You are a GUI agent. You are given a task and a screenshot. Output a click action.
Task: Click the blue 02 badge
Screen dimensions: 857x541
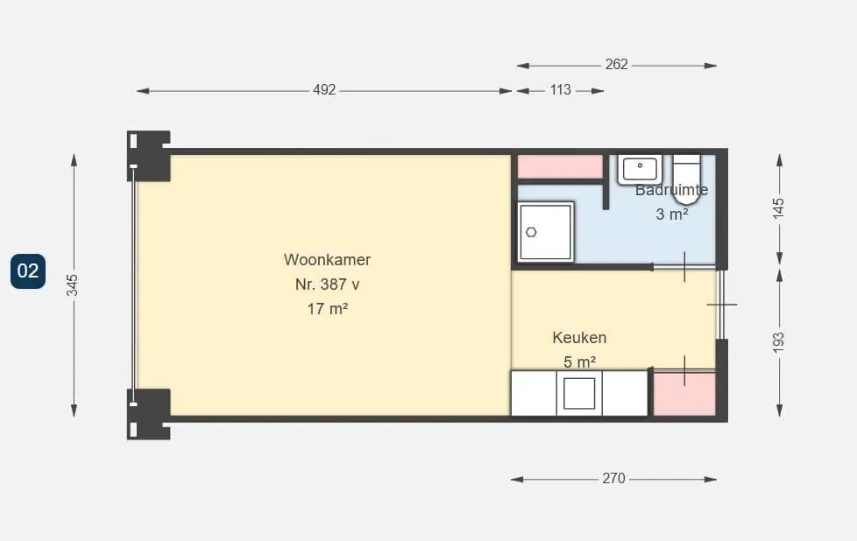28,270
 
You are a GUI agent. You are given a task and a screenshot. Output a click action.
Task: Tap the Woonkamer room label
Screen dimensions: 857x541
327,259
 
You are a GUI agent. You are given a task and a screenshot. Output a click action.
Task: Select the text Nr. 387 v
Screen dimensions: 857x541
327,284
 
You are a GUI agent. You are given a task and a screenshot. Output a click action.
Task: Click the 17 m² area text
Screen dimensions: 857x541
328,308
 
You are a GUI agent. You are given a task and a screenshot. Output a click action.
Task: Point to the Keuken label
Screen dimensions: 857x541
579,337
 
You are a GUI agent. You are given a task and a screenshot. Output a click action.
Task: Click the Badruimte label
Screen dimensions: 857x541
671,190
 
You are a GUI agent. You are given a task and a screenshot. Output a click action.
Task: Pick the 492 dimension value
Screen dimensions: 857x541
324,89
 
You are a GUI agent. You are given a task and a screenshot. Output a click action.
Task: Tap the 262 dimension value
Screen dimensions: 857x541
616,65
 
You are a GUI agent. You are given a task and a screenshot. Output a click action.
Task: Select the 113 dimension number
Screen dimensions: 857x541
560,89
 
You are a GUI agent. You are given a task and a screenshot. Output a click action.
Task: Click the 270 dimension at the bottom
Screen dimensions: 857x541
613,478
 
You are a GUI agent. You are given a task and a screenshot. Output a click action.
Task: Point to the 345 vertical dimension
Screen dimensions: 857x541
72,285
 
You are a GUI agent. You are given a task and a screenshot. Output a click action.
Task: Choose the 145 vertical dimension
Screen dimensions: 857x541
778,208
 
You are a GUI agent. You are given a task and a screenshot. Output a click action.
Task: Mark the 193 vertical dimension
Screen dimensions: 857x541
778,342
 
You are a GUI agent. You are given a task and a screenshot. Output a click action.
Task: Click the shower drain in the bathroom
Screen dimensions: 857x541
531,232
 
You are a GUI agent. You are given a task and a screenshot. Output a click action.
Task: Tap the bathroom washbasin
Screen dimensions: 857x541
640,170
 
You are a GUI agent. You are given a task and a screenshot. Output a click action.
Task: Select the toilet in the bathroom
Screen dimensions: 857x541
686,179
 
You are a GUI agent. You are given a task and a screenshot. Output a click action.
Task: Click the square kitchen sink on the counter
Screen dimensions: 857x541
579,393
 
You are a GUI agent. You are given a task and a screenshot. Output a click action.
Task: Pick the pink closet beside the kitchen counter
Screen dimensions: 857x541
685,394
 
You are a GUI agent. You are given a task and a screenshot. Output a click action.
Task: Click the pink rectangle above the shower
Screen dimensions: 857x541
560,166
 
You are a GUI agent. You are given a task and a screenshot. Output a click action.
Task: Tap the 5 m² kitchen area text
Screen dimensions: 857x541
579,362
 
